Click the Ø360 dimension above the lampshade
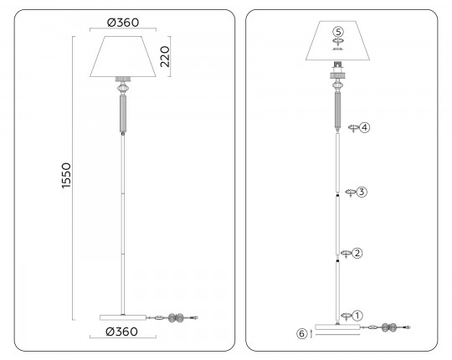click(x=123, y=23)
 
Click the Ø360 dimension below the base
click(x=122, y=332)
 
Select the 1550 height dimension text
click(x=66, y=176)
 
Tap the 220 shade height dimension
click(x=165, y=56)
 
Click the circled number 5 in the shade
click(x=338, y=31)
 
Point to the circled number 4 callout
click(x=365, y=127)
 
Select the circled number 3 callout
click(x=362, y=192)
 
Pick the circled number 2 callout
click(x=357, y=253)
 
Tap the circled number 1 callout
click(x=357, y=316)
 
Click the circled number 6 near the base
click(x=301, y=334)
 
